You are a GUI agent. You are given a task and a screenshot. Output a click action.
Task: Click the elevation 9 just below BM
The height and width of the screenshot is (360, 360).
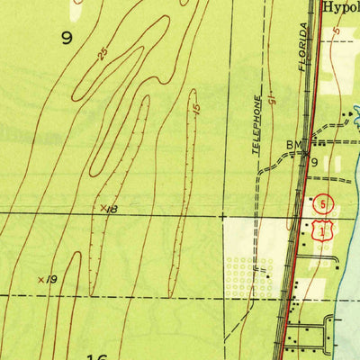314,163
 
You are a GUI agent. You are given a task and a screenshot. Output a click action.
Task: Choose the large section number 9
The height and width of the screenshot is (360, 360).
67,38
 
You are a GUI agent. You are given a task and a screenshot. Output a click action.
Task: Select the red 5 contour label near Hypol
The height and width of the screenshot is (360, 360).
334,32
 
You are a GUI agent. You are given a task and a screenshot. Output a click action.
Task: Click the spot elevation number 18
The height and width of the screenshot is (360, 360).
112,209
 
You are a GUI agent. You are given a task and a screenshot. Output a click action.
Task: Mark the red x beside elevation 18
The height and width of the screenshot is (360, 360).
102,208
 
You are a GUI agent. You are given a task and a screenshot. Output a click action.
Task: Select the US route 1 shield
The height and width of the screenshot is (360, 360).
321,232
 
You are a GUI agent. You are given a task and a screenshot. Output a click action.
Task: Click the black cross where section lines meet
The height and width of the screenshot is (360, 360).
222,216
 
